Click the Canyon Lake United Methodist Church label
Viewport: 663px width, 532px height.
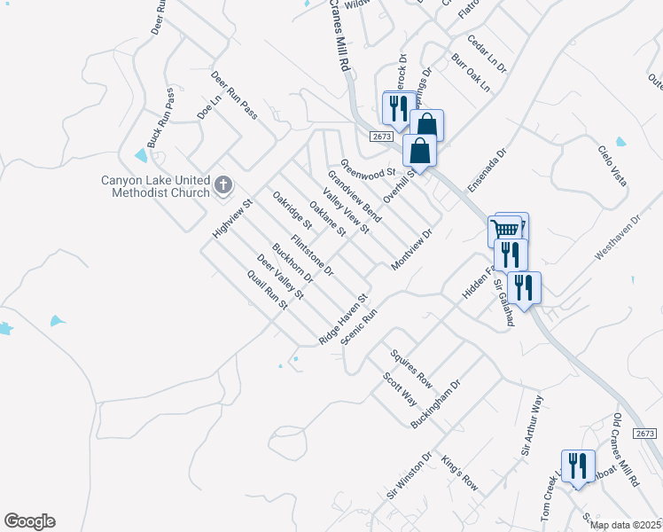click(154, 186)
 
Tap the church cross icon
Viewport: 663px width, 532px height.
click(222, 186)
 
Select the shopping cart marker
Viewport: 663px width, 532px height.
click(504, 231)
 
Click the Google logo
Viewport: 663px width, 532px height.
click(29, 521)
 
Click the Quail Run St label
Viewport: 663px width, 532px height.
click(269, 290)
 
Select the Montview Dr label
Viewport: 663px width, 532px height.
click(410, 251)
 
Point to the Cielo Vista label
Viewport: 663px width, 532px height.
click(612, 166)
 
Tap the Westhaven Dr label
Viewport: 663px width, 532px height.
click(617, 236)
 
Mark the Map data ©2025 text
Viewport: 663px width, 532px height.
click(625, 525)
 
